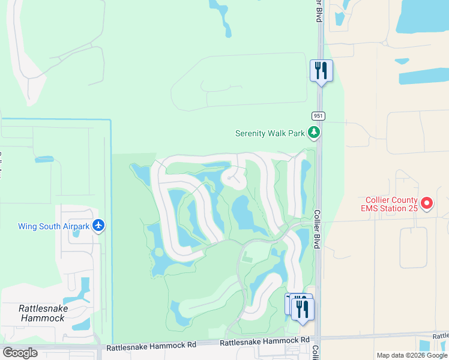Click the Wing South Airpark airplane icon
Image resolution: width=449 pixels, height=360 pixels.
coord(99,226)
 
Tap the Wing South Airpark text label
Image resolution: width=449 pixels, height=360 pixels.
coord(53,226)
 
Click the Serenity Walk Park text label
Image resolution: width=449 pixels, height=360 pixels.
coord(270,133)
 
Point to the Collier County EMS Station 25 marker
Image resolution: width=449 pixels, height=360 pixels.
coord(427,204)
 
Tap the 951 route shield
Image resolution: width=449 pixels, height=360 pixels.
coord(319,115)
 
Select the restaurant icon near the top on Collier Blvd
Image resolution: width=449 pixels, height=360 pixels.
coord(321,71)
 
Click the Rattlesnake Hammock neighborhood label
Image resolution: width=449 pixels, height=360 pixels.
coord(43,313)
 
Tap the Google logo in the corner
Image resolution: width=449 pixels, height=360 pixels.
coord(20,353)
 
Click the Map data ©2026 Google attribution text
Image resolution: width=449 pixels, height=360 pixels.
coord(412,355)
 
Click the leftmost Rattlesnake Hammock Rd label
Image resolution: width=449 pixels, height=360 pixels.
coord(151,347)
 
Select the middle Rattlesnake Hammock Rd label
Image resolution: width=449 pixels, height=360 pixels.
coord(259,342)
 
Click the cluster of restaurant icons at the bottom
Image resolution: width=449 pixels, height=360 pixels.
coord(300,307)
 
